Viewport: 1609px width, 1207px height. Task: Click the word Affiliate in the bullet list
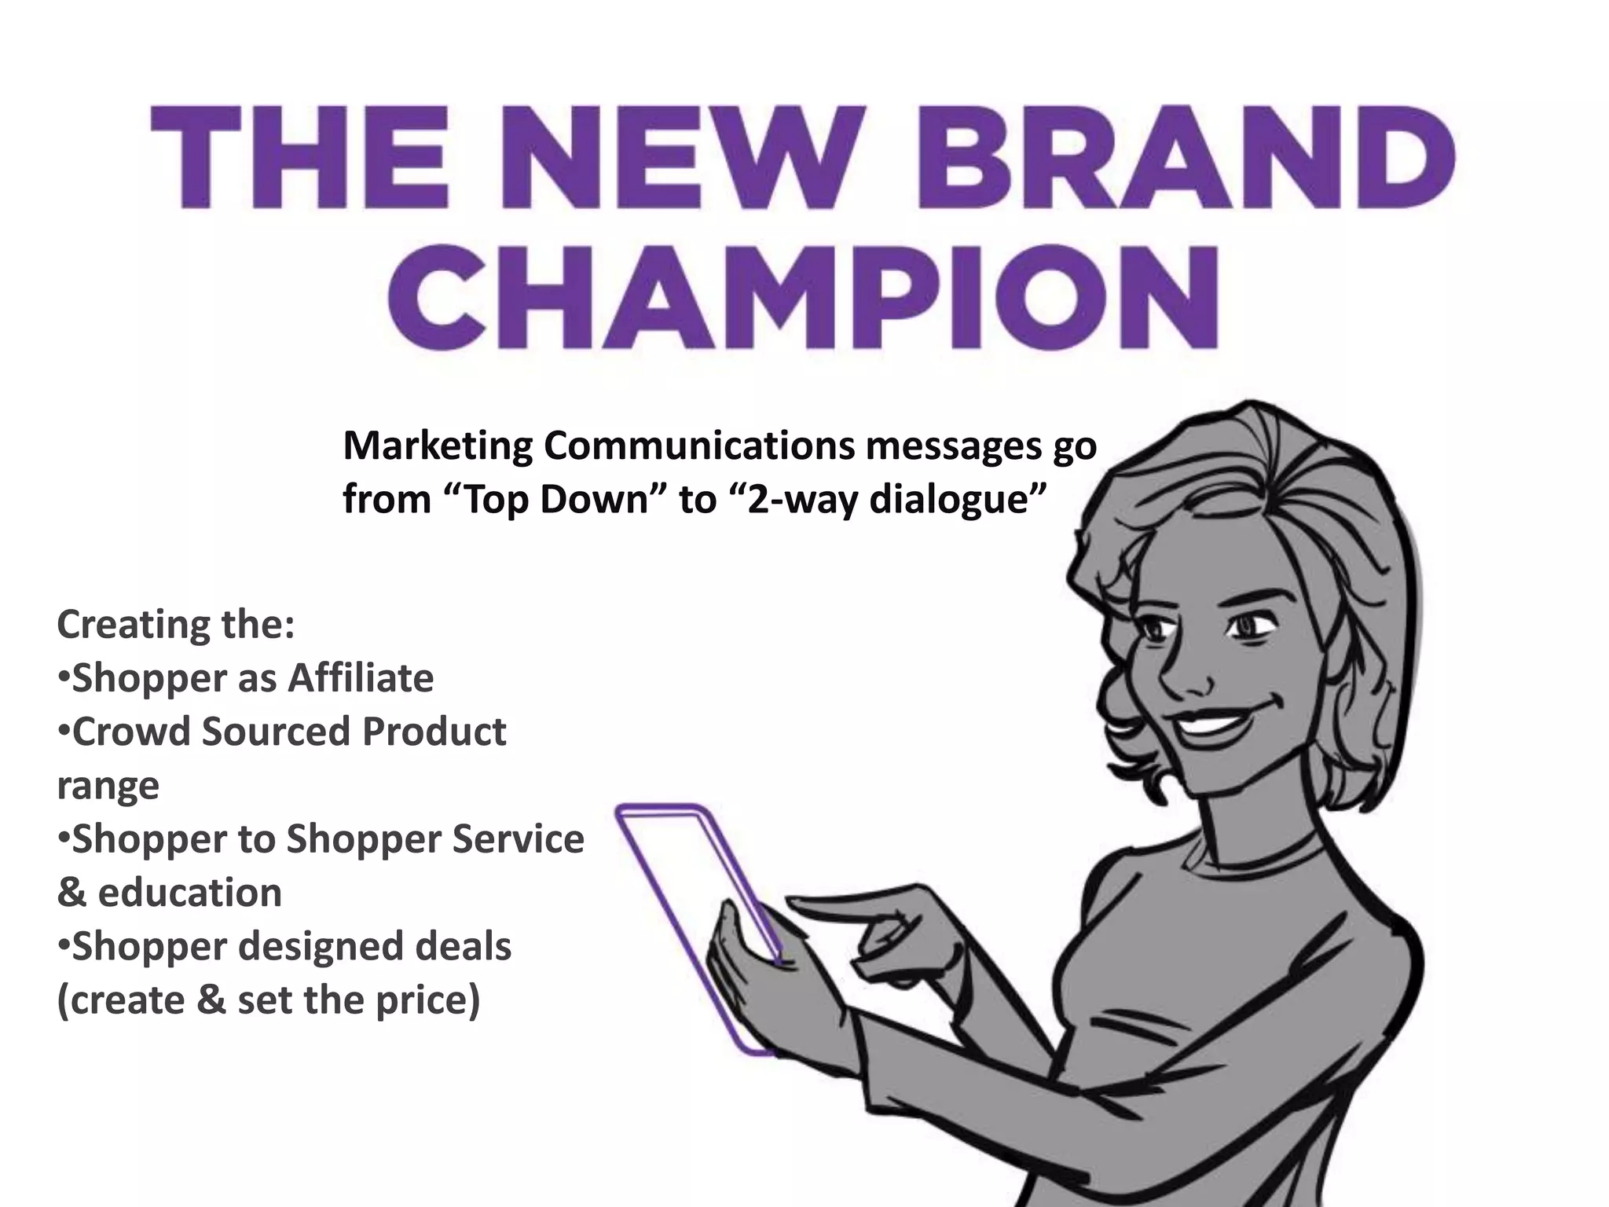point(361,678)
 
